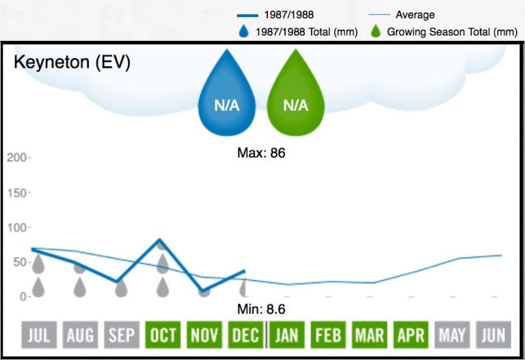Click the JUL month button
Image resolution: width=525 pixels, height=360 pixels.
[x=39, y=335]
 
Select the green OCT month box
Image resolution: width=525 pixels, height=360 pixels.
[x=163, y=335]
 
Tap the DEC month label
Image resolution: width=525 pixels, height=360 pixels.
[x=245, y=335]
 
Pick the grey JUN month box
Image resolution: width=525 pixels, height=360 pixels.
[x=493, y=335]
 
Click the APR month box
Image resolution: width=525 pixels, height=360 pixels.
[x=411, y=335]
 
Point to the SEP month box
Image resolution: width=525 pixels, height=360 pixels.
[x=122, y=335]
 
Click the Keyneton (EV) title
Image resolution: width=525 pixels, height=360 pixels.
[x=72, y=63]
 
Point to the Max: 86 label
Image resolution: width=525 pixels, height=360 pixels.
[x=261, y=153]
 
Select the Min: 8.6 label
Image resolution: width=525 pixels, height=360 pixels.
[x=261, y=309]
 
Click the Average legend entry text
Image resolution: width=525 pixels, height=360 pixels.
[x=415, y=14]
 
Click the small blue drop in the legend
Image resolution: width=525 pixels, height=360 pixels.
[x=244, y=31]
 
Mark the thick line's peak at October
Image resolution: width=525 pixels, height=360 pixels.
[x=160, y=240]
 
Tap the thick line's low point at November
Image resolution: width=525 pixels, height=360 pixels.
[x=204, y=291]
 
